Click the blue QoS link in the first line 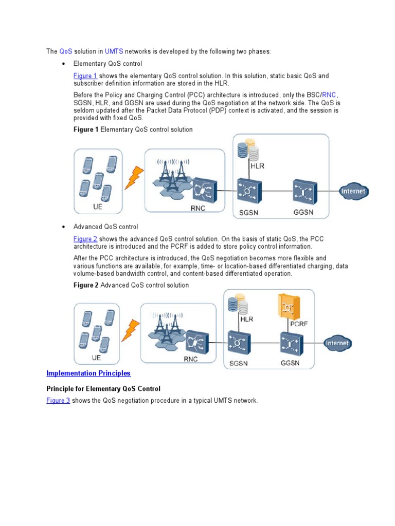(x=66, y=51)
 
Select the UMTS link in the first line (x=114, y=51)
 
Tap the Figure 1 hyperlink (x=85, y=76)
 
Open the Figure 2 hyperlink (x=85, y=239)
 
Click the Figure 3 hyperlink (x=58, y=400)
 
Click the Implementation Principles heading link (x=88, y=373)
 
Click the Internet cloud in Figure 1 (x=354, y=192)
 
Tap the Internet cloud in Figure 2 (x=338, y=343)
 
